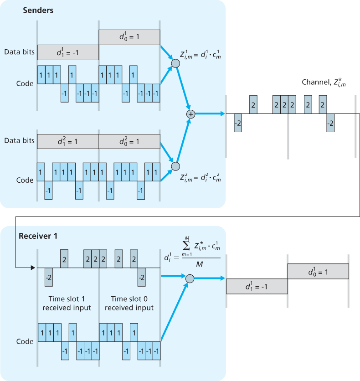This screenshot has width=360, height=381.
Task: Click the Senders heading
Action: (x=39, y=10)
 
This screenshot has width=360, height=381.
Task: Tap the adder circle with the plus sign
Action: (x=190, y=114)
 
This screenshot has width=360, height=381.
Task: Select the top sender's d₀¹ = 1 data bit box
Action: (x=129, y=37)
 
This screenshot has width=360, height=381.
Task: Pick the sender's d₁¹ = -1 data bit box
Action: (x=68, y=52)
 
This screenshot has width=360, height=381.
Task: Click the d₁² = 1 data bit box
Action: (x=68, y=141)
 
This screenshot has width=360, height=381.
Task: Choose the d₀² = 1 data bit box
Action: (x=129, y=141)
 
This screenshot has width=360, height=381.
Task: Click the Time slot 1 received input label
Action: (x=67, y=303)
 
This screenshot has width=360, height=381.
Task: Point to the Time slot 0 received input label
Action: (x=129, y=303)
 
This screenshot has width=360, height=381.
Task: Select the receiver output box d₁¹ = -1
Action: (x=257, y=286)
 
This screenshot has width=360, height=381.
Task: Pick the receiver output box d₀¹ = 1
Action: (x=318, y=272)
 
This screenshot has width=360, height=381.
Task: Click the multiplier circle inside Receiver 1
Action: (x=190, y=278)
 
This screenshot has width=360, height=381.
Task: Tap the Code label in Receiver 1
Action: (x=25, y=341)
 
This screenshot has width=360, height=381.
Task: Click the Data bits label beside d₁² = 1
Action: (x=19, y=140)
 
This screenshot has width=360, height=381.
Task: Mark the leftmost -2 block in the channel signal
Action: (x=238, y=123)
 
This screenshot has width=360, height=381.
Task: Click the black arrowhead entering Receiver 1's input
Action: (x=32, y=268)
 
